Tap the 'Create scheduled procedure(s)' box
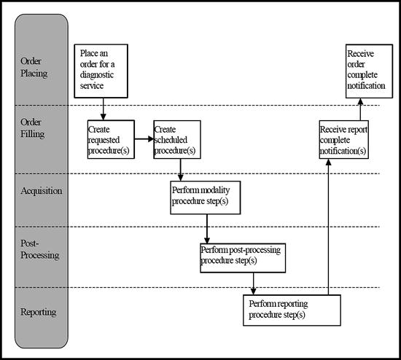(x=176, y=139)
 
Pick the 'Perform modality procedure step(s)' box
(x=205, y=195)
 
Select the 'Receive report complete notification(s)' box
(x=343, y=139)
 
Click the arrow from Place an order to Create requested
(x=103, y=108)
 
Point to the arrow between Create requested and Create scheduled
(x=144, y=139)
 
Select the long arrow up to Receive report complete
(x=329, y=226)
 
